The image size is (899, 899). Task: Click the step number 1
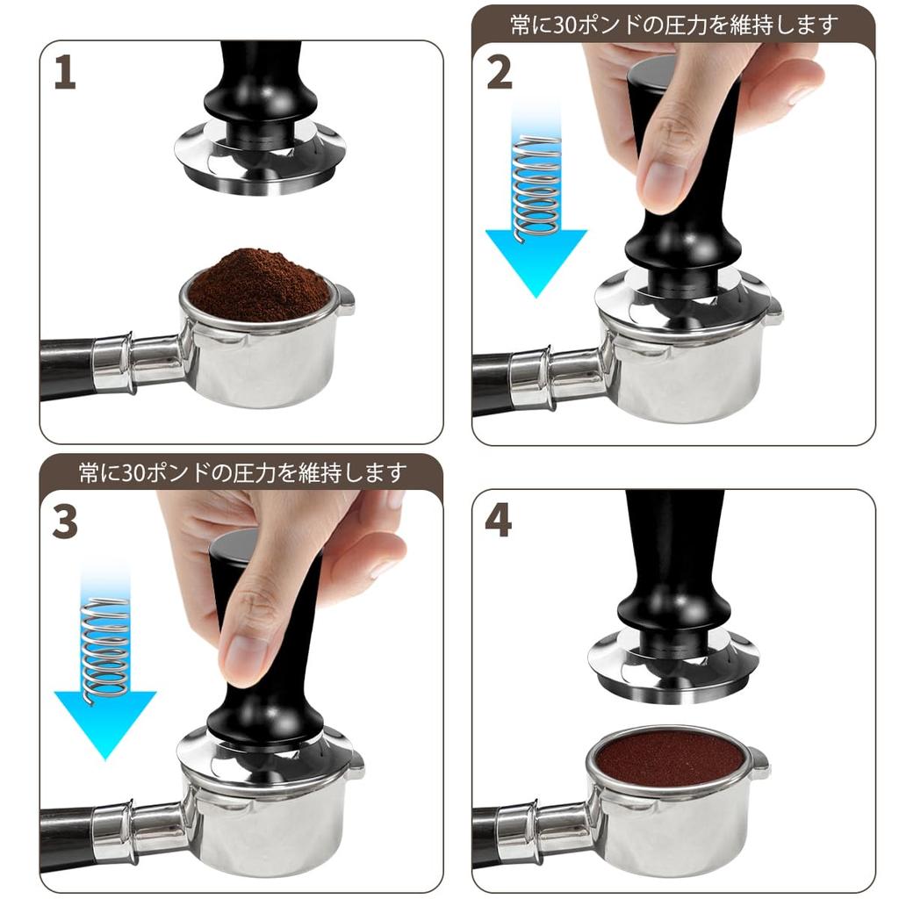point(64,73)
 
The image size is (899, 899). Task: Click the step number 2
point(499,73)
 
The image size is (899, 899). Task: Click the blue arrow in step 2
point(536,255)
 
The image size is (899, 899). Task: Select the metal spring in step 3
point(105,645)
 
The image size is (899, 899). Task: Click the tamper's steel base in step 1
point(255,167)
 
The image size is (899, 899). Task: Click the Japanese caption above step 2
point(673,25)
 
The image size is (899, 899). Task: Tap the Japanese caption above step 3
point(241,473)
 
